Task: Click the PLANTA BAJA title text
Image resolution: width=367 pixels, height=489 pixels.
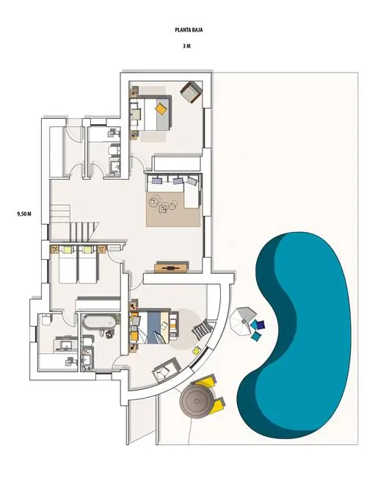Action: pyautogui.click(x=189, y=30)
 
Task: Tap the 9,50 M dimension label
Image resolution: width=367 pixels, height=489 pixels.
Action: pyautogui.click(x=24, y=214)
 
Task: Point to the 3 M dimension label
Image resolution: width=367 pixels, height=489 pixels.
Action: pyautogui.click(x=186, y=46)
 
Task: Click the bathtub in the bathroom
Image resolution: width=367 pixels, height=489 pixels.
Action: pyautogui.click(x=100, y=322)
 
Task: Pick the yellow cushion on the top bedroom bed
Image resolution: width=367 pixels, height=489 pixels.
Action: pyautogui.click(x=161, y=109)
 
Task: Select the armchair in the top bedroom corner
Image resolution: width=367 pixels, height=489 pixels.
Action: pyautogui.click(x=191, y=92)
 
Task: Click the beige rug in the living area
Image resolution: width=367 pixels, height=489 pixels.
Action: pyautogui.click(x=173, y=209)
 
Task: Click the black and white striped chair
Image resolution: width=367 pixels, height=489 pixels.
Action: pyautogui.click(x=202, y=330)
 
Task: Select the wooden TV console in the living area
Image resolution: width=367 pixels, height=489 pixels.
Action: pyautogui.click(x=171, y=267)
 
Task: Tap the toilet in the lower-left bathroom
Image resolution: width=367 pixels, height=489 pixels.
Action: pyautogui.click(x=46, y=320)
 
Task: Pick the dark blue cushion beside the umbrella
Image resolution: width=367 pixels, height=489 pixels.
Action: pyautogui.click(x=261, y=325)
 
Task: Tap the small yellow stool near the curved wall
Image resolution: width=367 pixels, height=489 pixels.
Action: pyautogui.click(x=196, y=350)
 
